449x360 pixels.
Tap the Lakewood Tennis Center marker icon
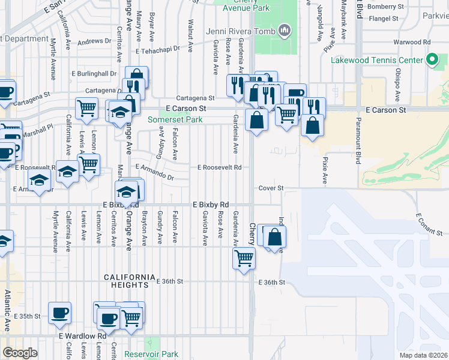431,60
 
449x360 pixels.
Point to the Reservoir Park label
151,354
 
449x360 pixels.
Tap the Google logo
20,353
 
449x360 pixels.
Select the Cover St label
271,188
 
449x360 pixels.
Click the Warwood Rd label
412,43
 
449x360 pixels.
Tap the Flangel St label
384,19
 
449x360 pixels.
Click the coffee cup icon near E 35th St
59,313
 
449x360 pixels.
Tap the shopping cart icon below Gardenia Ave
244,259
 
